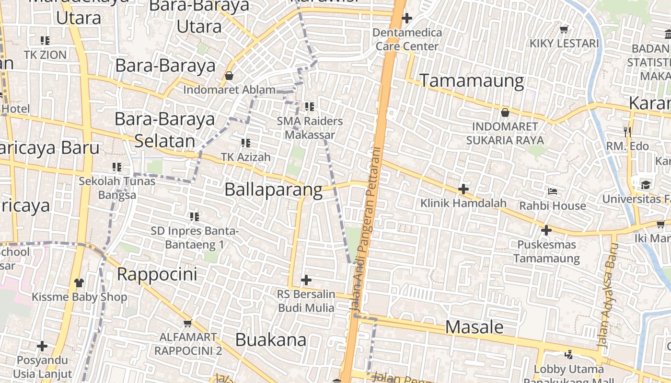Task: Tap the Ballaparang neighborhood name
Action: tap(273, 190)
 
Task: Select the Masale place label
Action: tap(474, 327)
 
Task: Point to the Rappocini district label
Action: tap(157, 275)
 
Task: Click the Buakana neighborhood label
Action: tap(271, 340)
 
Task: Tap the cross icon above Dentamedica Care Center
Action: tap(407, 19)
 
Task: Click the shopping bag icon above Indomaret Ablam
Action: tap(229, 76)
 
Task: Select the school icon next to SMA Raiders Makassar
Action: tap(310, 107)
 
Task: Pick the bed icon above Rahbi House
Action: tap(553, 191)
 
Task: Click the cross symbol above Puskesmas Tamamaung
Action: tap(546, 231)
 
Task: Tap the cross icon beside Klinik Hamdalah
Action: tap(463, 189)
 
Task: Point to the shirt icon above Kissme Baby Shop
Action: tap(79, 282)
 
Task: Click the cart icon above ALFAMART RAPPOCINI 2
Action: tap(187, 323)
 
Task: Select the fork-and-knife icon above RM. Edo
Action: tap(627, 131)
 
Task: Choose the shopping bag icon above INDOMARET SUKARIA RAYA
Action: tap(505, 113)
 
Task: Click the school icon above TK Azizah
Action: tap(246, 143)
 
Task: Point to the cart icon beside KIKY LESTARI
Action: tap(564, 29)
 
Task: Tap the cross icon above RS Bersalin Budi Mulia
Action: tap(306, 280)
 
